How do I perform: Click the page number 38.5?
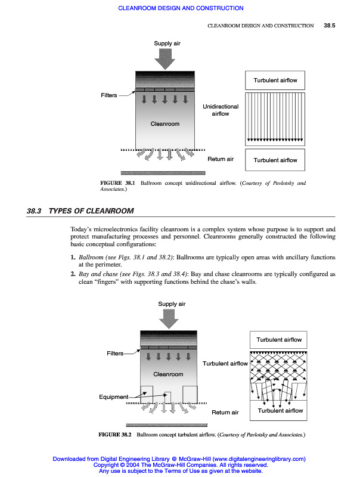coord(330,26)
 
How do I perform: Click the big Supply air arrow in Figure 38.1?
coord(165,58)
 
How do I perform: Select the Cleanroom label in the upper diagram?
coord(165,124)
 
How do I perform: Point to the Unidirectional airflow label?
coord(221,110)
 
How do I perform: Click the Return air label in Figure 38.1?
coord(221,159)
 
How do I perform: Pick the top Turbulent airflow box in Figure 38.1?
coord(275,80)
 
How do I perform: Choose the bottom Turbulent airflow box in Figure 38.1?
coord(275,160)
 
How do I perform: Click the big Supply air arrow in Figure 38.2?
coord(169,318)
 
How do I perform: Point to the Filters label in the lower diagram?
coord(115,354)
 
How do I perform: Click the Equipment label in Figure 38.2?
coord(113,397)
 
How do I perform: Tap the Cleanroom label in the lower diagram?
coord(169,374)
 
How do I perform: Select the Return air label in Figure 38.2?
coord(225,412)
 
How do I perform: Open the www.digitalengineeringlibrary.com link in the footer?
coord(259,459)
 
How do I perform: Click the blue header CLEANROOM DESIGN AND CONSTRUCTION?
coord(181,8)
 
